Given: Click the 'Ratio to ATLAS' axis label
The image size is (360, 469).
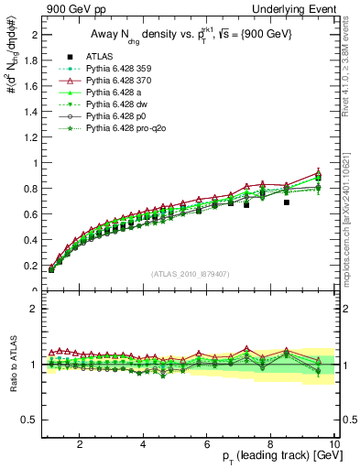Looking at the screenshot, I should (x=13, y=365).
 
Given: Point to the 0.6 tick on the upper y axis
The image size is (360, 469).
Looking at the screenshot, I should (x=32, y=214).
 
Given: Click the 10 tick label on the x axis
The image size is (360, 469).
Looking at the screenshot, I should (x=334, y=444).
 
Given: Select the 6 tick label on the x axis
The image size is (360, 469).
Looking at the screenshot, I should (x=207, y=444).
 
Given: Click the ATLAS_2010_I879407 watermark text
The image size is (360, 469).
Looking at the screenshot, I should (x=190, y=274).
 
